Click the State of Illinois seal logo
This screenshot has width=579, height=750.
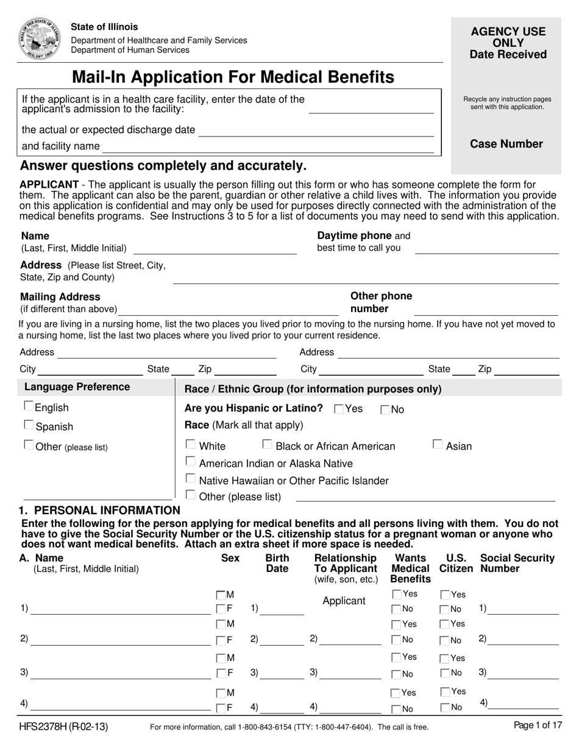click(40, 38)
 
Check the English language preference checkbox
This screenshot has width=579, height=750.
click(29, 406)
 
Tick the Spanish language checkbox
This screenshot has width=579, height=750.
click(29, 425)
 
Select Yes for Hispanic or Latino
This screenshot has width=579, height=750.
click(339, 410)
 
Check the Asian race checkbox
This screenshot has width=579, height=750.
click(438, 445)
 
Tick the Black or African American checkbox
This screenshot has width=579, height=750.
click(267, 445)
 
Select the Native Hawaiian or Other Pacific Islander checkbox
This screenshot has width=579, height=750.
click(190, 479)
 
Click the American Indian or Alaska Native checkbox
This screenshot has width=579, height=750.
click(190, 462)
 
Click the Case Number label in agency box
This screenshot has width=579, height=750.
click(506, 144)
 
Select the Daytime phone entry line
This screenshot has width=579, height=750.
click(486, 250)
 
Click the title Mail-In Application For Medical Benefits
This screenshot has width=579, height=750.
click(233, 77)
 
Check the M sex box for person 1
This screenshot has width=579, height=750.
click(220, 595)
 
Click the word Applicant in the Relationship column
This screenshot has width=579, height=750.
click(344, 601)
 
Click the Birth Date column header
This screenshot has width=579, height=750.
click(277, 563)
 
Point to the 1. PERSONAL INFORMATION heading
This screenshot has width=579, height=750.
click(100, 510)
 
